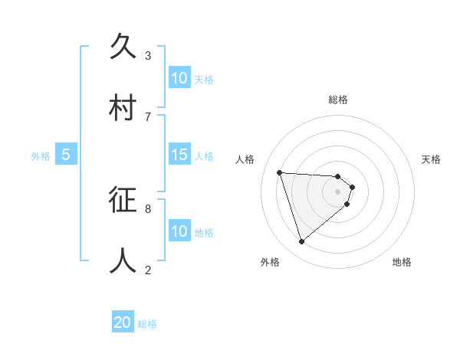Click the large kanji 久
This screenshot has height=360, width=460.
tap(124, 46)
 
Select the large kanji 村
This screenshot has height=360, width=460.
tap(124, 107)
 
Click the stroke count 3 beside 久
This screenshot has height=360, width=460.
tap(147, 55)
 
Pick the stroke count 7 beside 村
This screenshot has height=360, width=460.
tap(147, 116)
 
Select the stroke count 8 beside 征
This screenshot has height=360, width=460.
tap(147, 208)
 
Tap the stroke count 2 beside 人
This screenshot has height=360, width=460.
tap(147, 270)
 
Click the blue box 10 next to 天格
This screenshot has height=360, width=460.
tap(179, 78)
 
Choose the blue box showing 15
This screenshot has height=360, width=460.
tap(179, 155)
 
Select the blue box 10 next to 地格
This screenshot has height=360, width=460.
tap(179, 231)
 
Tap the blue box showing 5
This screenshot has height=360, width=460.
tap(66, 155)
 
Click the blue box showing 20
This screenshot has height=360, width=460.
tap(123, 323)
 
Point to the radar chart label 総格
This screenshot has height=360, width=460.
tap(338, 100)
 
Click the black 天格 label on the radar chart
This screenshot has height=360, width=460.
tap(431, 159)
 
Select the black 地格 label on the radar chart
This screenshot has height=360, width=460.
tap(402, 263)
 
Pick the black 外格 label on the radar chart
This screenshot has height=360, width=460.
tap(270, 263)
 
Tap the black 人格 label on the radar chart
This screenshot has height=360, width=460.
tap(245, 159)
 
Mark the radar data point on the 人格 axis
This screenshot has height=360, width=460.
tap(280, 172)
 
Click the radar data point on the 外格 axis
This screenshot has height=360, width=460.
tap(301, 242)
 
